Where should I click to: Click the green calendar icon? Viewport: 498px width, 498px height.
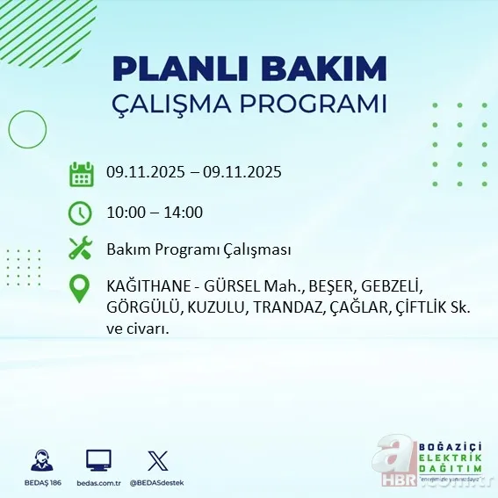point(81,173)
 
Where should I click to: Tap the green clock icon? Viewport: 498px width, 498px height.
point(81,212)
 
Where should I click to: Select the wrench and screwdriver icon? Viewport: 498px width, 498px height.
point(81,249)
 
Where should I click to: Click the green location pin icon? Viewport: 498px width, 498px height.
point(81,289)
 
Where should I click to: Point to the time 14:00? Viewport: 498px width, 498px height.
point(184,213)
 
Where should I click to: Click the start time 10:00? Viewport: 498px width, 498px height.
point(125,213)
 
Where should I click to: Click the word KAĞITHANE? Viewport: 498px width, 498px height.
point(147,287)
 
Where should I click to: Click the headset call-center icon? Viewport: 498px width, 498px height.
point(40,460)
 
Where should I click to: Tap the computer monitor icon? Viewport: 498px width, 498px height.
point(98,460)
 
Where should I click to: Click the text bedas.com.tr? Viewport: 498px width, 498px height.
point(98,483)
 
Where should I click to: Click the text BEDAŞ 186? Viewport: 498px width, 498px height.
point(40,483)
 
